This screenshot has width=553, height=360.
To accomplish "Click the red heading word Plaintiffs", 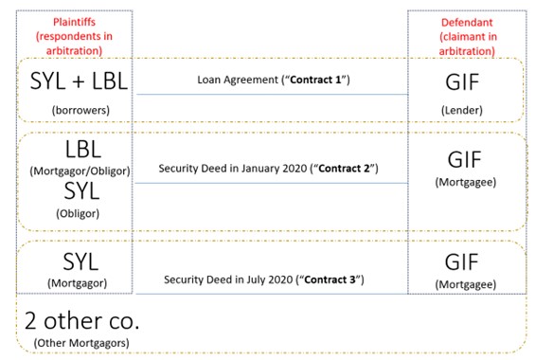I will pyautogui.click(x=74, y=22).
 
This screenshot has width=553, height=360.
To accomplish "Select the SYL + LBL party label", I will pyautogui.click(x=74, y=81).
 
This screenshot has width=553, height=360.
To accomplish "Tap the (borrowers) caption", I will pyautogui.click(x=74, y=110).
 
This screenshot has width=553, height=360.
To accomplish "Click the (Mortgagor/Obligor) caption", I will pyautogui.click(x=74, y=171).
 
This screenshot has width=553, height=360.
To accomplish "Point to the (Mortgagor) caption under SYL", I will pyautogui.click(x=74, y=281).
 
